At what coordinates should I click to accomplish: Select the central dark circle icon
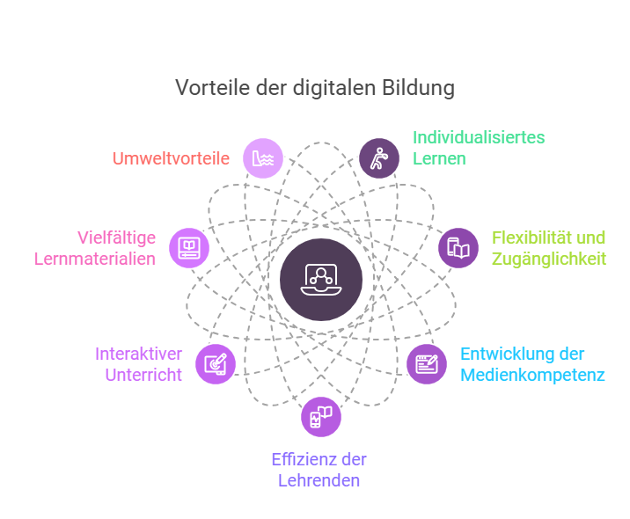(320, 279)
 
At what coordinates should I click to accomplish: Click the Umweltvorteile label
(171, 159)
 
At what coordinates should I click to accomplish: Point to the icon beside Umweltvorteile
(263, 159)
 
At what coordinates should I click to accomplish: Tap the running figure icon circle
(378, 159)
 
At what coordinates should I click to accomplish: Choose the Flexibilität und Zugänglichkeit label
(549, 248)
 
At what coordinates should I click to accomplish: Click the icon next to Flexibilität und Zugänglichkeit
(458, 248)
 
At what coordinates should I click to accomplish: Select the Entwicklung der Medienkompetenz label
(531, 364)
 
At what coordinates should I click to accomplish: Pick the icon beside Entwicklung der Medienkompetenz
(427, 364)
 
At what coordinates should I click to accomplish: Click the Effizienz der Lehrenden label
(319, 470)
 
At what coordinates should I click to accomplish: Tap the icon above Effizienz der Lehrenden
(320, 417)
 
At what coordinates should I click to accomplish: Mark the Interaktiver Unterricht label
(138, 364)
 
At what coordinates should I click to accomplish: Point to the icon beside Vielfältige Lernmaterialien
(189, 247)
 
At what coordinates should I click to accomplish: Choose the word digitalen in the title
(340, 88)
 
